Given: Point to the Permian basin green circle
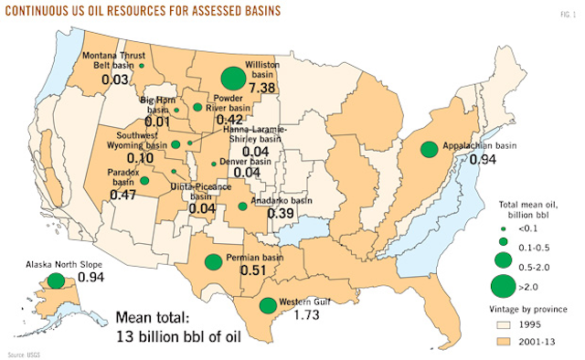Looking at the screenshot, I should click(213, 262).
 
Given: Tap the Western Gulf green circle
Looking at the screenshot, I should click(267, 306).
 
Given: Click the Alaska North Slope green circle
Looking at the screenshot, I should click(56, 281).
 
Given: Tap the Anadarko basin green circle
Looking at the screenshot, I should click(242, 206).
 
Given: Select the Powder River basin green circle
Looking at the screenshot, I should click(197, 108).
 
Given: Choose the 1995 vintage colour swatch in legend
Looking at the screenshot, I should click(503, 323).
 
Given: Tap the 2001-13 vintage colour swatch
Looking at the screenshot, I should click(503, 340).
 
